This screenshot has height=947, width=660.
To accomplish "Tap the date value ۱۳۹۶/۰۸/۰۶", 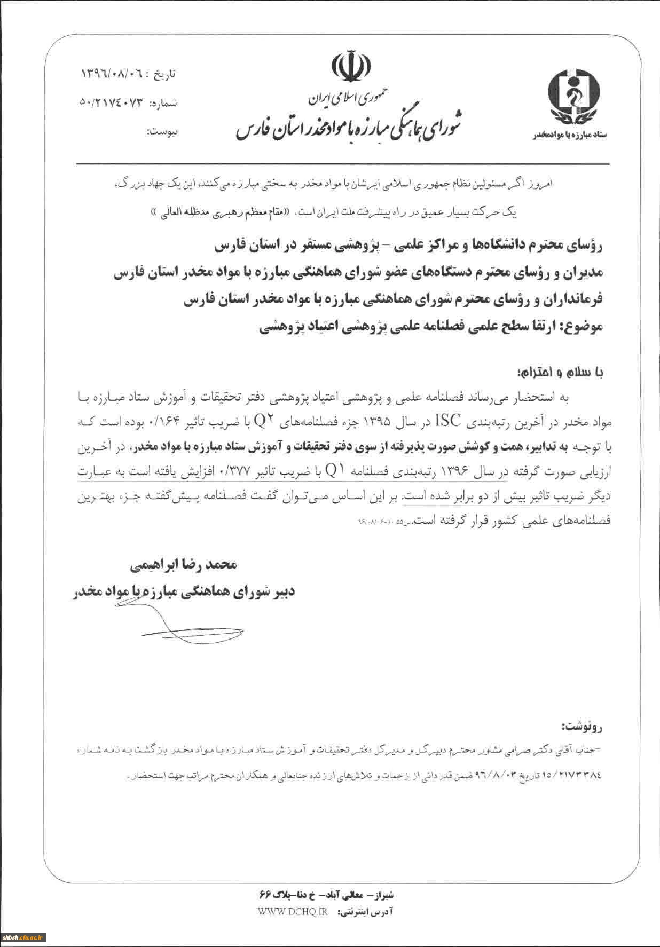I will coord(109,73).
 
